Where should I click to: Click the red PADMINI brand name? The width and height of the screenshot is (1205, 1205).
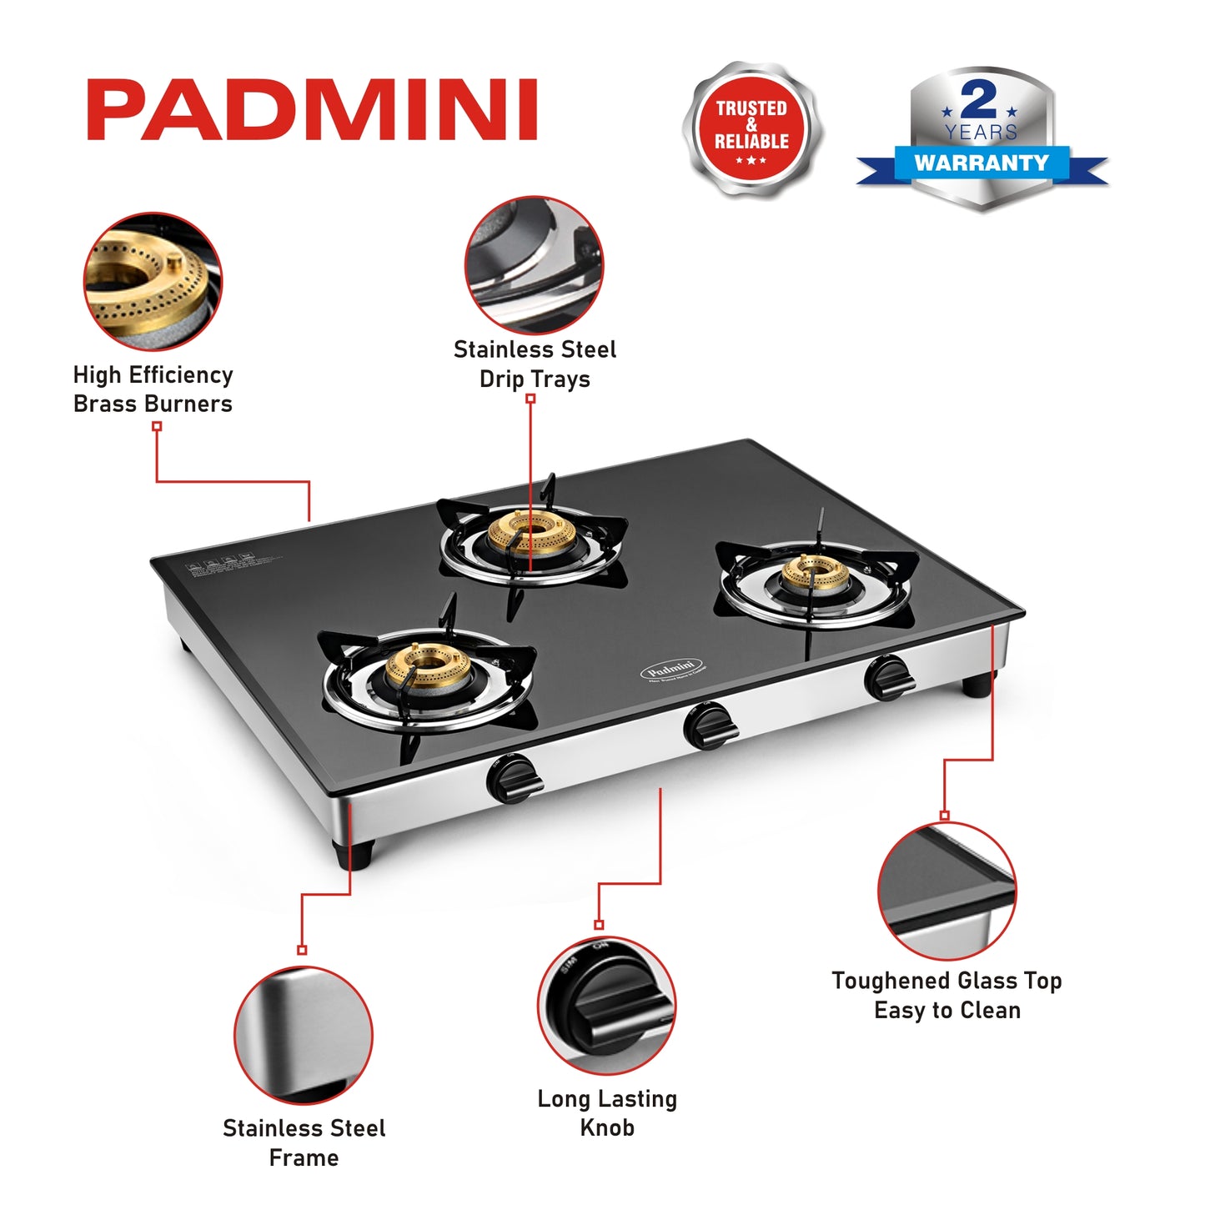click(x=312, y=110)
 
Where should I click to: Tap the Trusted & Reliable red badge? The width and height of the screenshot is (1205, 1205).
click(x=751, y=128)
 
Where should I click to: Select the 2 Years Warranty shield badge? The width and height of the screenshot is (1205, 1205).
click(x=982, y=138)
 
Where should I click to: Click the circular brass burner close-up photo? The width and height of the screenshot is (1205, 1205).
click(x=153, y=281)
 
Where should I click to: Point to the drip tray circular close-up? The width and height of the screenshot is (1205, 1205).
click(x=534, y=265)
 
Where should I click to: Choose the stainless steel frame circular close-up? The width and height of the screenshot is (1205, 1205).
click(x=304, y=1036)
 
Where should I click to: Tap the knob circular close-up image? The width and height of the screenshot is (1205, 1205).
click(x=606, y=1005)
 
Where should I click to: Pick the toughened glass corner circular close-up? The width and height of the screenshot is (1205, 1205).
click(x=946, y=891)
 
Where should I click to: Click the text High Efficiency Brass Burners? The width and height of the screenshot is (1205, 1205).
click(x=153, y=389)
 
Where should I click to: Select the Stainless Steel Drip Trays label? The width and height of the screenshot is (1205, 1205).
click(x=535, y=364)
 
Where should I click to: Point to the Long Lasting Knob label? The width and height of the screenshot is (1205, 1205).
click(x=607, y=1112)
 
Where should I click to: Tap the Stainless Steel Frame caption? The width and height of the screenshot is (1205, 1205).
click(x=304, y=1142)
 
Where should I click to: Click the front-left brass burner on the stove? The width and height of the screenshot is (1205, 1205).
click(x=427, y=665)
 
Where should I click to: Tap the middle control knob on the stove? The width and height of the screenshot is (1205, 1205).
click(x=709, y=726)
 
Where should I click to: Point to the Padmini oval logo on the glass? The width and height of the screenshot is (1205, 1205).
click(x=671, y=669)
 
